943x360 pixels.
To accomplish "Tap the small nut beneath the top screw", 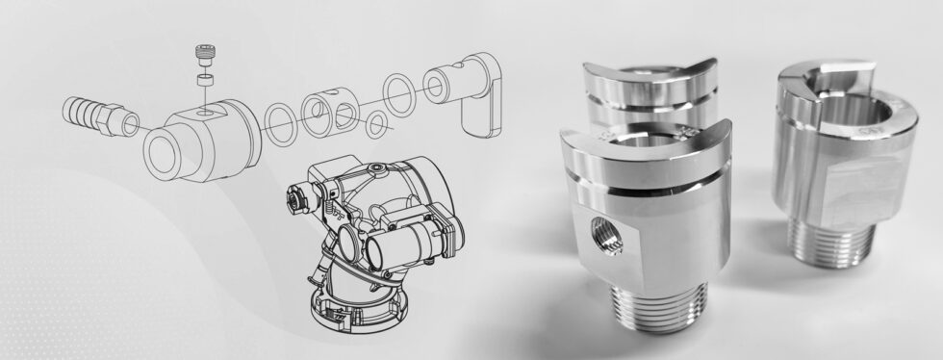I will [203, 80].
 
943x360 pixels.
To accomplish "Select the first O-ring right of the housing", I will [282, 123].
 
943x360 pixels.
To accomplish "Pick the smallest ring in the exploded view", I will [380, 122].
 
